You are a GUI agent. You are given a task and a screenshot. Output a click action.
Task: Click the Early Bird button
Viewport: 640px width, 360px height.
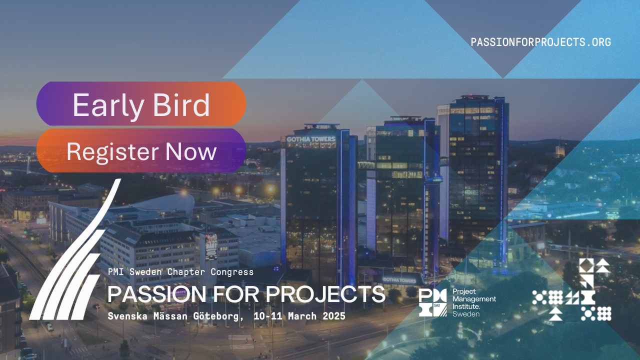(x=141, y=103)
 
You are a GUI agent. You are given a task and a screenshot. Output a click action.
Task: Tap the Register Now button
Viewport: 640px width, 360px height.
(x=141, y=150)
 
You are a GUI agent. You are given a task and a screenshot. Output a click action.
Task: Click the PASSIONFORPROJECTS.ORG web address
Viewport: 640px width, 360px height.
(x=541, y=42)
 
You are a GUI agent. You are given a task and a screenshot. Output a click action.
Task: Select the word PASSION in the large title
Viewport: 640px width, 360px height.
(x=156, y=294)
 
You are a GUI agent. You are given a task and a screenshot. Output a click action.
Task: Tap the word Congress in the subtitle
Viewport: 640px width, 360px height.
(x=232, y=272)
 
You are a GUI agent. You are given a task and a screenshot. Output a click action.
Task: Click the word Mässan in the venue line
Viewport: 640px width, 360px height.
(x=170, y=316)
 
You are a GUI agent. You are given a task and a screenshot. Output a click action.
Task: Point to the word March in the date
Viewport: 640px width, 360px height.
(x=302, y=316)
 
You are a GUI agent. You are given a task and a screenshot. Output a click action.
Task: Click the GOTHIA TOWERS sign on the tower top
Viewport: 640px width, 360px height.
(x=311, y=139)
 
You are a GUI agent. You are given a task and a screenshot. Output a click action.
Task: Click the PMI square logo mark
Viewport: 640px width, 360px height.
(x=433, y=302)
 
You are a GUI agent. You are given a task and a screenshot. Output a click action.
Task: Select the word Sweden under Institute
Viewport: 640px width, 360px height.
(x=466, y=314)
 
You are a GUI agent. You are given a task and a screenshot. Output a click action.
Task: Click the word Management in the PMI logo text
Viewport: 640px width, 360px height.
(x=474, y=299)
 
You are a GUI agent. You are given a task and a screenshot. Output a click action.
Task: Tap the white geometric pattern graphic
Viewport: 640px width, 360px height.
(x=571, y=289)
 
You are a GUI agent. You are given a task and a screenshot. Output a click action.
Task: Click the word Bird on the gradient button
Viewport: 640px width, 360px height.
(x=181, y=105)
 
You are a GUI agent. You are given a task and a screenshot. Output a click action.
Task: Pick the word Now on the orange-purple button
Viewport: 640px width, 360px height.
(x=191, y=151)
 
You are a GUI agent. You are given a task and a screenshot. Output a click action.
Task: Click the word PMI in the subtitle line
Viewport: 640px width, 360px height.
(x=115, y=271)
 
